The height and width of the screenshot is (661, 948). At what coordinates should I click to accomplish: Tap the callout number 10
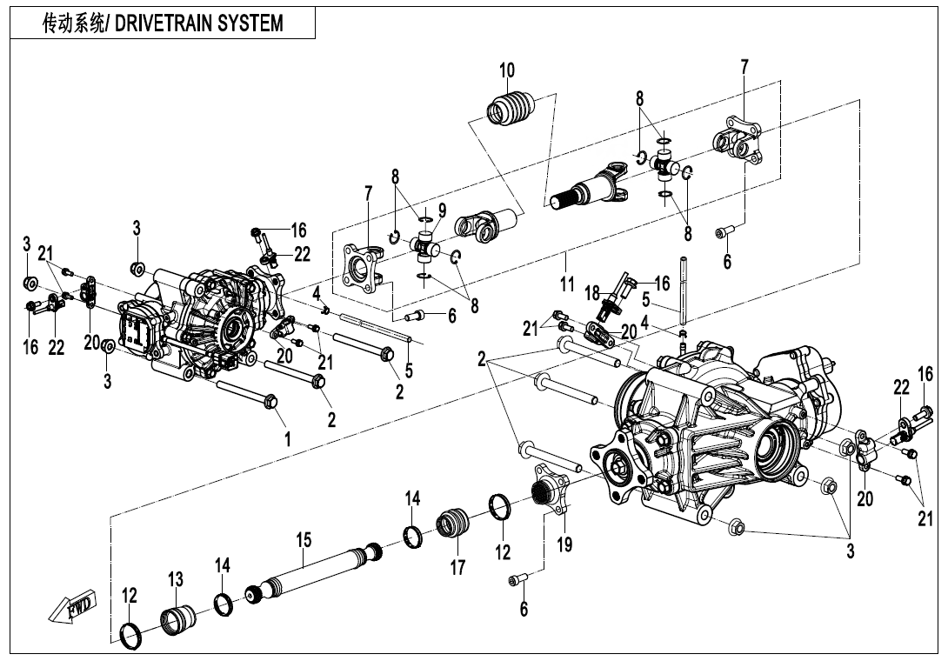click(507, 70)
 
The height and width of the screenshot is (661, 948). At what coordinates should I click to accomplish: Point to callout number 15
click(303, 541)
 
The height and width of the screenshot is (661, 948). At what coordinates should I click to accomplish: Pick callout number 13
click(176, 580)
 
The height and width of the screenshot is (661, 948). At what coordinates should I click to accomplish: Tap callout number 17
click(458, 568)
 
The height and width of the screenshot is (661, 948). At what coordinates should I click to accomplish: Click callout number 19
click(564, 544)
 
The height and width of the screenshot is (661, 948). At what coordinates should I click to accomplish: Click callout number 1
click(287, 440)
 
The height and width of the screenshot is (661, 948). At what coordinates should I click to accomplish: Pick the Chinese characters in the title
click(77, 23)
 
